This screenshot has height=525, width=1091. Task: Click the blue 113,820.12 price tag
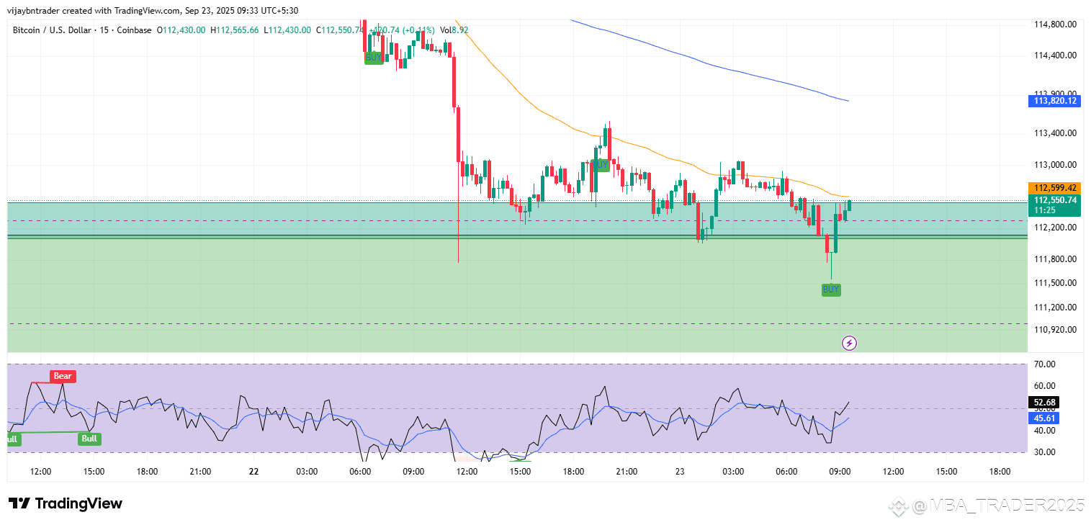1055,101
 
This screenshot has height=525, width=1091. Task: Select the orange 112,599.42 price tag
1055,187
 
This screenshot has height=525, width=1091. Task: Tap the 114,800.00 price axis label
1054,24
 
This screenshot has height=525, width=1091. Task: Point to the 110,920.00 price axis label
1054,329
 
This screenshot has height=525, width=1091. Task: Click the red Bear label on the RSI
63,376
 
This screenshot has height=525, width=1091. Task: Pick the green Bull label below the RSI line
89,438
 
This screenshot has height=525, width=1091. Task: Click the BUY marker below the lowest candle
831,290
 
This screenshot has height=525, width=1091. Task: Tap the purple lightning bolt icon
849,343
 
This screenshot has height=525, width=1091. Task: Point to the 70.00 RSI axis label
1044,364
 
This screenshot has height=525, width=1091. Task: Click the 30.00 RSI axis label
1044,452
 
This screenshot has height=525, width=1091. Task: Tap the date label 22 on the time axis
253,472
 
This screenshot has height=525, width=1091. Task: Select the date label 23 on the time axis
680,472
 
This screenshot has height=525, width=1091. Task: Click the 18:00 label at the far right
1000,472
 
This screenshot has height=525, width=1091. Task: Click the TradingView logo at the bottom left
66,503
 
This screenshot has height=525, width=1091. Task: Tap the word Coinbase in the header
136,30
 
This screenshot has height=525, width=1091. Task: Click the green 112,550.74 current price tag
1055,200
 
